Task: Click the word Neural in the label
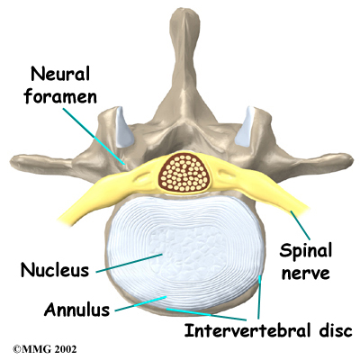point(60,74)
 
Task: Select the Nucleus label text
point(55,269)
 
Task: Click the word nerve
point(305,274)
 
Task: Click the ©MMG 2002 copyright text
point(44,349)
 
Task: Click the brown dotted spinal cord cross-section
point(183,173)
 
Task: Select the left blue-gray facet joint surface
point(124,127)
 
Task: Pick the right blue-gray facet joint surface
point(245,127)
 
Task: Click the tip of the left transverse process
point(13,162)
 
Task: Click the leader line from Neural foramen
point(94,137)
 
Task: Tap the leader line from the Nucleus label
point(130,263)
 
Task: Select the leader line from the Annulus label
point(140,303)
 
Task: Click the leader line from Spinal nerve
point(300,225)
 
